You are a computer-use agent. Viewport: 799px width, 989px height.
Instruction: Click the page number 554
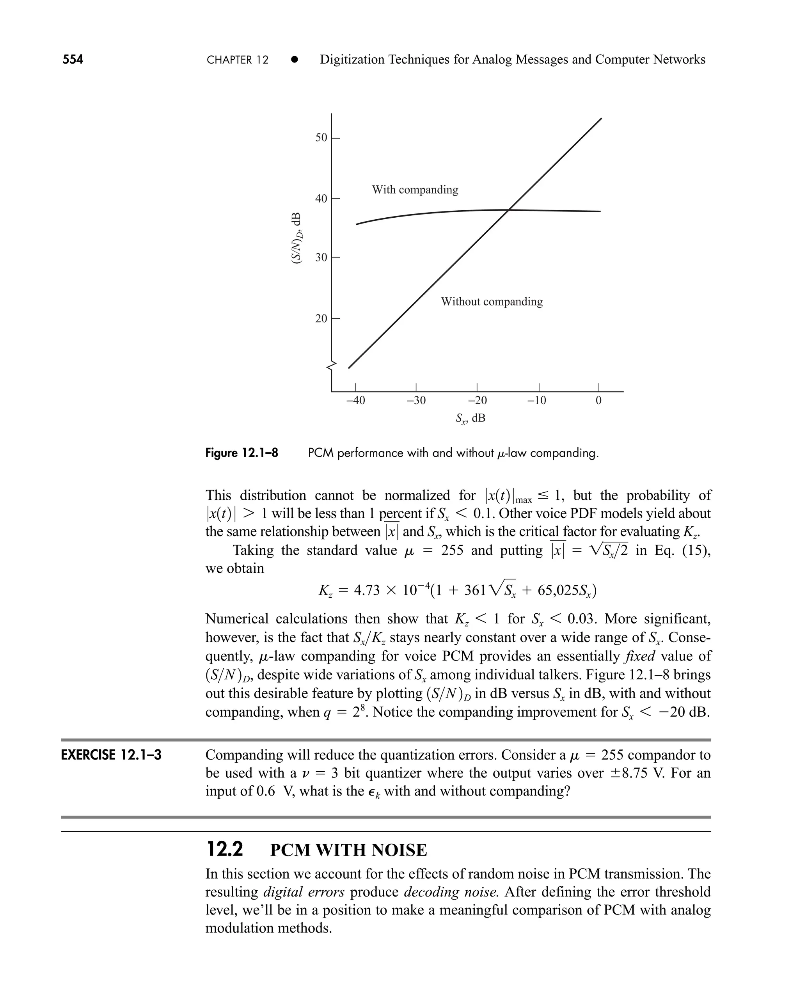[x=73, y=59]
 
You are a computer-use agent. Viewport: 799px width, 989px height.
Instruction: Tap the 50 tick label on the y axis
[x=321, y=138]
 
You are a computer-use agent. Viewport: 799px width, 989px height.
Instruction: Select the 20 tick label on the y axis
[x=321, y=318]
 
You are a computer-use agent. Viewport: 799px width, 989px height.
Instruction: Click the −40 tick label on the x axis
[x=355, y=400]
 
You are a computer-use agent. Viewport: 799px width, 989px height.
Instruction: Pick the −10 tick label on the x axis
[x=537, y=400]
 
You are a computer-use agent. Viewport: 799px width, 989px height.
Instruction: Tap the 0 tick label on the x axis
[x=598, y=400]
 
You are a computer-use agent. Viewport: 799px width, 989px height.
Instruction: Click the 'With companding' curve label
[x=415, y=190]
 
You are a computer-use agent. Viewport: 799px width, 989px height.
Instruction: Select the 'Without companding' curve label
[x=492, y=302]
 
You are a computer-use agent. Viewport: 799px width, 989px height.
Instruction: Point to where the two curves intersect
[x=509, y=210]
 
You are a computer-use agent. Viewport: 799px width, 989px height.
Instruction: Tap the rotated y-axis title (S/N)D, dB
[x=297, y=238]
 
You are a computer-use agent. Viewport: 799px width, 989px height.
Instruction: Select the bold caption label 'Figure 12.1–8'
[x=241, y=453]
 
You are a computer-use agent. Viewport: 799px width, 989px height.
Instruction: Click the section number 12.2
[x=225, y=849]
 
